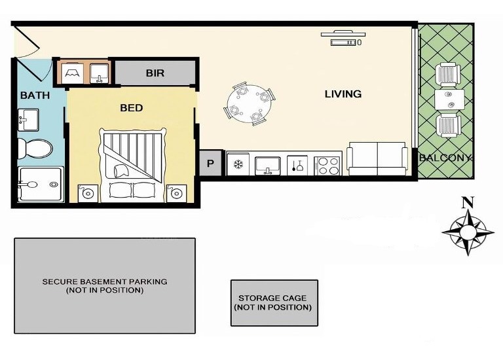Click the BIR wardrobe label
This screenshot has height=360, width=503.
(x=155, y=73)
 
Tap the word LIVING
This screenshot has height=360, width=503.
(x=343, y=94)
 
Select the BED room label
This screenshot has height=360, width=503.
(x=131, y=108)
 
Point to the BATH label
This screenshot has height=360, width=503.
(x=35, y=95)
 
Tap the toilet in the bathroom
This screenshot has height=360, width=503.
(x=35, y=149)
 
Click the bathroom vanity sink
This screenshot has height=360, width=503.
(x=28, y=120)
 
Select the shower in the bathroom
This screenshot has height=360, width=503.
(x=41, y=185)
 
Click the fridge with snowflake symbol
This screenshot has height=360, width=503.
(x=238, y=165)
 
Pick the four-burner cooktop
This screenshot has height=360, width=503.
(x=327, y=166)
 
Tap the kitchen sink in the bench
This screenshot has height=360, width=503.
(x=267, y=166)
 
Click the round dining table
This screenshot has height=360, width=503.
(x=250, y=103)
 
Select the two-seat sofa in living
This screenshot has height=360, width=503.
(x=377, y=159)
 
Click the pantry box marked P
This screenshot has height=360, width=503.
(x=211, y=163)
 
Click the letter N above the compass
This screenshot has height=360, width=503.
(x=468, y=203)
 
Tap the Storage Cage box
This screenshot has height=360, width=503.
(x=274, y=302)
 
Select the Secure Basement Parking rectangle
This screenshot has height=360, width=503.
(x=105, y=285)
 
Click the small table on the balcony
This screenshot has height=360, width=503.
(x=449, y=99)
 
